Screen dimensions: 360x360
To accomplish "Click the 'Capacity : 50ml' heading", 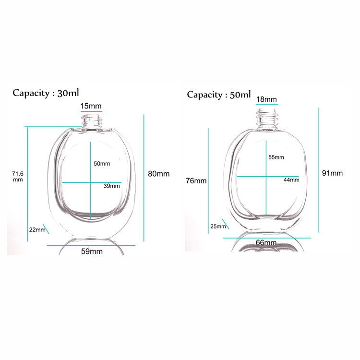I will coord(218,95).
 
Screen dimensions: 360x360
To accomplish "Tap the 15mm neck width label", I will coord(91,106).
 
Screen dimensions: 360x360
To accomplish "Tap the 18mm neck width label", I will coord(266,99).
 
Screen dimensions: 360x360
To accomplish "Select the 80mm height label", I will coord(158,174).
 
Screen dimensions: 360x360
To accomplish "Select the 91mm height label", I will coord(333,173).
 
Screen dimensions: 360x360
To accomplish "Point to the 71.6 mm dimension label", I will coord(18,176).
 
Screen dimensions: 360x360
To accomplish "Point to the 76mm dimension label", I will coord(196,181).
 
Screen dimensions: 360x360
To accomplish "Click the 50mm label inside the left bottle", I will coord(102,164).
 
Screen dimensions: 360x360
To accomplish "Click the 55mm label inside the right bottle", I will coord(276,157).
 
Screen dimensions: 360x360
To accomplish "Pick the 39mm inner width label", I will coord(111,186).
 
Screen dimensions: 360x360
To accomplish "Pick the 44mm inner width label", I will coord(291,180).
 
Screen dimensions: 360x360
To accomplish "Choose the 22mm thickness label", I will coord(37,230).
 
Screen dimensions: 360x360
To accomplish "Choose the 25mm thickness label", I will coord(217,226).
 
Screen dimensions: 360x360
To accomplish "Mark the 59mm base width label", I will coord(91,251).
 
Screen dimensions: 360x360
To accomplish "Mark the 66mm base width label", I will coord(267,243).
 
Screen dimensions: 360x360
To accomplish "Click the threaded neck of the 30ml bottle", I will coord(91,120).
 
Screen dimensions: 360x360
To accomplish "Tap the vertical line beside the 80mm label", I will coord(145,178).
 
